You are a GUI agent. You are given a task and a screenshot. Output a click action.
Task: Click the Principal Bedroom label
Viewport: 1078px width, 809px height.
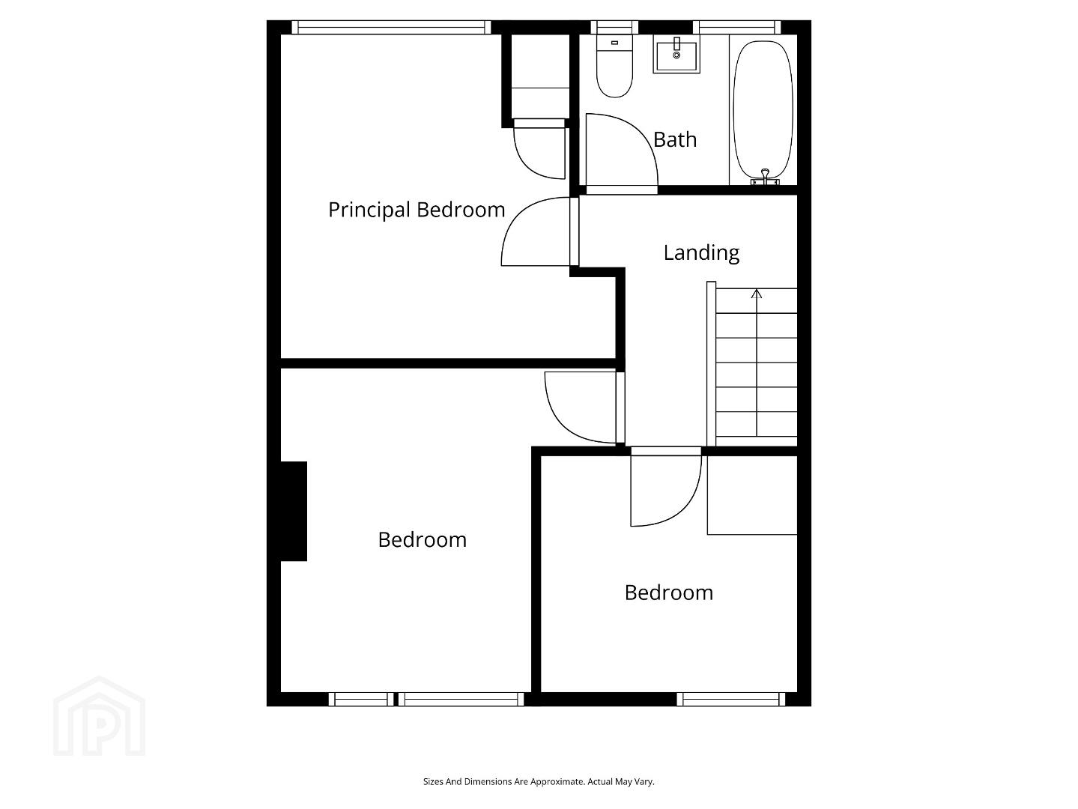point(417,210)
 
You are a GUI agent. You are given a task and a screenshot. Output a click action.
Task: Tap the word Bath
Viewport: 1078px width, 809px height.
point(675,140)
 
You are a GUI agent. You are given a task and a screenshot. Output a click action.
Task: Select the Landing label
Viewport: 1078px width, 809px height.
point(701,253)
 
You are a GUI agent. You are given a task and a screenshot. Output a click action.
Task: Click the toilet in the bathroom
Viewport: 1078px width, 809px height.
point(614,66)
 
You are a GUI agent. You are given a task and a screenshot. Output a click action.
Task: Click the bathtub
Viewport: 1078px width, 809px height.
point(763,110)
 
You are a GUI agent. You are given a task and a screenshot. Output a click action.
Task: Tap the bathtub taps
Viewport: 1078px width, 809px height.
point(765,178)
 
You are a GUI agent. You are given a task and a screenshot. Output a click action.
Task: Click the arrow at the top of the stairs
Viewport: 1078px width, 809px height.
point(757,294)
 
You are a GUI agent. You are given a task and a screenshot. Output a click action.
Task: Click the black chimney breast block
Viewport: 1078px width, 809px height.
point(294,511)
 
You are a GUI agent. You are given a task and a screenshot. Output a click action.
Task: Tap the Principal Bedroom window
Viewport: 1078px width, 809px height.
point(391,28)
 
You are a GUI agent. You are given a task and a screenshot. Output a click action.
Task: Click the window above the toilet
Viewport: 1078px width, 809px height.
point(614,28)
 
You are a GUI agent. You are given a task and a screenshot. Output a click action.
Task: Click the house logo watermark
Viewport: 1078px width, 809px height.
point(99,716)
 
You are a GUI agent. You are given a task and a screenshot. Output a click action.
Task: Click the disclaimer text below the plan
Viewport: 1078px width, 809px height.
point(539,781)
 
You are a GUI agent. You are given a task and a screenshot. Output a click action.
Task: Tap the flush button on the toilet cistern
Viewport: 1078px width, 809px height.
point(614,43)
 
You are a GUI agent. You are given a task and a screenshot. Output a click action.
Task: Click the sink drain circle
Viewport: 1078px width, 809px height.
point(676,55)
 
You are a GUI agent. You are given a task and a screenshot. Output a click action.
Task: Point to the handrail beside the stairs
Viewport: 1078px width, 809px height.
point(711,364)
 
